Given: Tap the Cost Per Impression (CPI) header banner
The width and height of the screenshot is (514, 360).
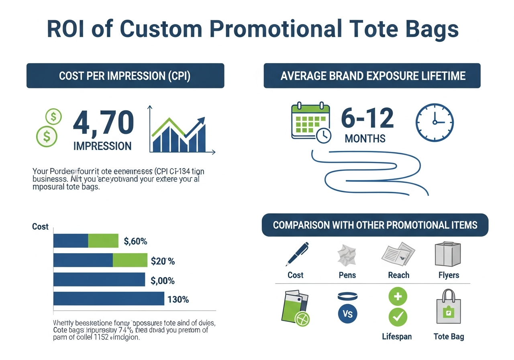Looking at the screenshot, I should coord(125,76).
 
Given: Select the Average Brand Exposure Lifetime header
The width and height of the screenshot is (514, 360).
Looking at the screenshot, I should coord(372,76).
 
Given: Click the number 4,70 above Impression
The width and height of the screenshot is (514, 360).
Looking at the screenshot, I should coord(103,123).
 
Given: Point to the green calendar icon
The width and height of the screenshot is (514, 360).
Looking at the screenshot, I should coord(310,121).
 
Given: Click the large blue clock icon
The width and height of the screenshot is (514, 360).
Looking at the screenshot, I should coord(434,123).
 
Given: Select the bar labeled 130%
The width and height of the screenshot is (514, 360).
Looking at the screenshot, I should coord(108,299).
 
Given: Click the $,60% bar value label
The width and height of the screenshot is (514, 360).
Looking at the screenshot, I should coord(136,241).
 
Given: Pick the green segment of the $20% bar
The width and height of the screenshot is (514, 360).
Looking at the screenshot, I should coord(130,260).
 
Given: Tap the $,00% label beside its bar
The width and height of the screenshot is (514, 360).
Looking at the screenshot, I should coord(163,280).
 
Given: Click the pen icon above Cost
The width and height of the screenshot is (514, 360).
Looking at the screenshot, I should coord(297,254).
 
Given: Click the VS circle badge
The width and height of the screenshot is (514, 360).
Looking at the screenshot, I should coord(348,313).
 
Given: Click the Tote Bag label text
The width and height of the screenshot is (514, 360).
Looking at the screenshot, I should coord(449,336).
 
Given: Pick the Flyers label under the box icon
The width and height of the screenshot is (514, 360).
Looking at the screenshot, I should coord(449,275).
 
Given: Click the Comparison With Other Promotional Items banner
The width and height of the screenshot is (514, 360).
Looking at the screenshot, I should coord(375,225).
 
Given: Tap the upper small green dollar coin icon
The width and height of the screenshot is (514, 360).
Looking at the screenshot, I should coord(53,117).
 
